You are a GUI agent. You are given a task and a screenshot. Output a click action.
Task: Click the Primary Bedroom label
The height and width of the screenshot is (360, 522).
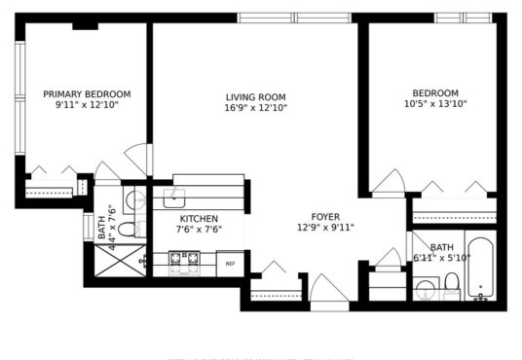[87, 94]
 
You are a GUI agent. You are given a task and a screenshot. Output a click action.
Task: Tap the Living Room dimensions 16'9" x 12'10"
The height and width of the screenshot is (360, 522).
[256, 108]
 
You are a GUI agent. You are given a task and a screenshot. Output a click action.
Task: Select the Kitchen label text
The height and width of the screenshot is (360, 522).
[199, 219]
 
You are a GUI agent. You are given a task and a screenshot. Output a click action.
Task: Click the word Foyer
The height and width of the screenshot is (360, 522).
[325, 217]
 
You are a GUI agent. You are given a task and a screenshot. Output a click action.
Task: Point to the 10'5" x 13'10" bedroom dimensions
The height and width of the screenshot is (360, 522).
[435, 104]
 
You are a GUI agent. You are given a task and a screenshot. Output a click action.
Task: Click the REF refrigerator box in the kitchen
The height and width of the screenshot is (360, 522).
[230, 264]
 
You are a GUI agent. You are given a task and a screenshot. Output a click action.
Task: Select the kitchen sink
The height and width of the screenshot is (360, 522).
[173, 198]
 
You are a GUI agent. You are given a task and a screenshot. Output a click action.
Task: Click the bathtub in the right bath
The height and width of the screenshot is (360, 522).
[480, 269]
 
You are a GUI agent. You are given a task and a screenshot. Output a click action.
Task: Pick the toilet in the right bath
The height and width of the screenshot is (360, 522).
[452, 284]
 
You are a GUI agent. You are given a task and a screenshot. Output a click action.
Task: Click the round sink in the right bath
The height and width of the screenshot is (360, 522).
[426, 289]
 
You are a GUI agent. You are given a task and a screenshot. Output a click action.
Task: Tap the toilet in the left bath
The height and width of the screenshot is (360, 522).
[129, 230]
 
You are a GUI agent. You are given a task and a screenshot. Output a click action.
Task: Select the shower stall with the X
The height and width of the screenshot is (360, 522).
[120, 261]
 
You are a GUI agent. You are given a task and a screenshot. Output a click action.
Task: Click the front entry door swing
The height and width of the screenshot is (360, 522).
[328, 288]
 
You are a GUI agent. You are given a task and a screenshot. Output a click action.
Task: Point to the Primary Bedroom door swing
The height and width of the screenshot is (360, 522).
[136, 159]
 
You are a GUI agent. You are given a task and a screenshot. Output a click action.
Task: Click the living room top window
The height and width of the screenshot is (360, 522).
[294, 18]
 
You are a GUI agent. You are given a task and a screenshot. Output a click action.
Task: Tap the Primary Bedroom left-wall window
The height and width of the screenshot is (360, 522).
[20, 98]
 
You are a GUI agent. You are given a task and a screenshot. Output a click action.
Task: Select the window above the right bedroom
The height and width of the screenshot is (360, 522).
[463, 18]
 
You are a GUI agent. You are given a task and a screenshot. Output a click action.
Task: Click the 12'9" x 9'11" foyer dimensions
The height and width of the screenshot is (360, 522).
[325, 228]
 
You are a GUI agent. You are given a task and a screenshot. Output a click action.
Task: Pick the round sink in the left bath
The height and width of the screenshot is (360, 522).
[135, 199]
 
